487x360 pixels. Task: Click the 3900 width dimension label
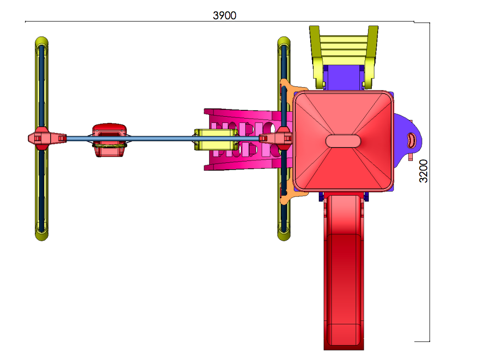pyautogui.click(x=224, y=15)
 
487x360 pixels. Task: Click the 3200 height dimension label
pyautogui.click(x=423, y=171)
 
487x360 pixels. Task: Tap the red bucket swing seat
pyautogui.click(x=109, y=140)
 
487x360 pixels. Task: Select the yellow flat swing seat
pyautogui.click(x=215, y=140)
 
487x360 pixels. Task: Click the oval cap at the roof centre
pyautogui.click(x=343, y=141)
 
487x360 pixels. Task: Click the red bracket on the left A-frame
pyautogui.click(x=47, y=138)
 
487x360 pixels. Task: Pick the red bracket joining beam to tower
pyautogui.click(x=276, y=138)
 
